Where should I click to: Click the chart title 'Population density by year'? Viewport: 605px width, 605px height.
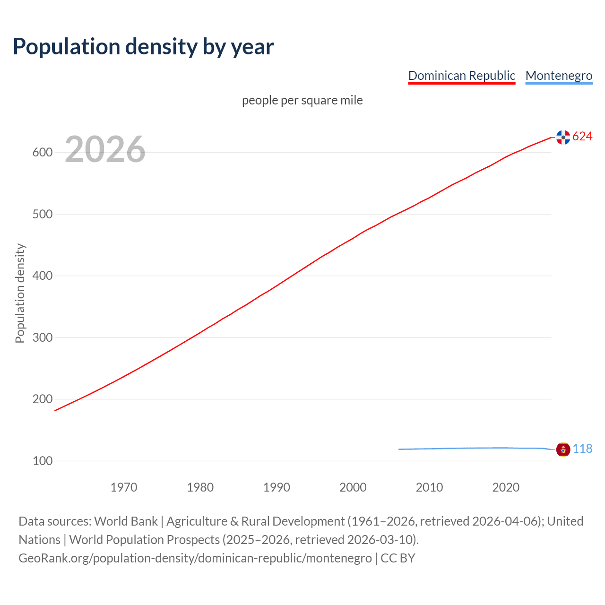143,47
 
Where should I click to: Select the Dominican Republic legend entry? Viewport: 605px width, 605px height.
461,76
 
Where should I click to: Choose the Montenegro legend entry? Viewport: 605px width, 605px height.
559,76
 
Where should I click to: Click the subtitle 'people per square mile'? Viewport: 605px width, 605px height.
302,101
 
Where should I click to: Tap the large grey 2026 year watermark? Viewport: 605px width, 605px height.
105,149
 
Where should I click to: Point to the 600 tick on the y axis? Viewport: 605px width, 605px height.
42,153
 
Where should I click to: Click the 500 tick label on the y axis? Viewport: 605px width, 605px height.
42,214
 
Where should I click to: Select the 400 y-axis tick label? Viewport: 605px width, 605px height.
42,276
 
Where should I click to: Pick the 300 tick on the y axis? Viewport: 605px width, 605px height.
42,337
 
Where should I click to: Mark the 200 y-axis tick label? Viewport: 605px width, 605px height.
42,399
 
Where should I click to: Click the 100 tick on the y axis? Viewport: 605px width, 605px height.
42,461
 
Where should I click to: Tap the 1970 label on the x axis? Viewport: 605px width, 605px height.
124,487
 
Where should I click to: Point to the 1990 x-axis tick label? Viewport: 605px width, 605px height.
277,487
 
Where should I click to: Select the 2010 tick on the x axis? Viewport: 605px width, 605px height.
429,487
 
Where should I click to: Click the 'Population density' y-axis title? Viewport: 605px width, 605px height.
20,293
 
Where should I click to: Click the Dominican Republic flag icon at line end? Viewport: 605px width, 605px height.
563,137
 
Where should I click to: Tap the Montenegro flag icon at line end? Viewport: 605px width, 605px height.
563,449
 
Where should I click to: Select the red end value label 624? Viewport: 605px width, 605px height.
582,137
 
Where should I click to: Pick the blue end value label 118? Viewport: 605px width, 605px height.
582,449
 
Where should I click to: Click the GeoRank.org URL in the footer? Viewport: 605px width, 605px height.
195,558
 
